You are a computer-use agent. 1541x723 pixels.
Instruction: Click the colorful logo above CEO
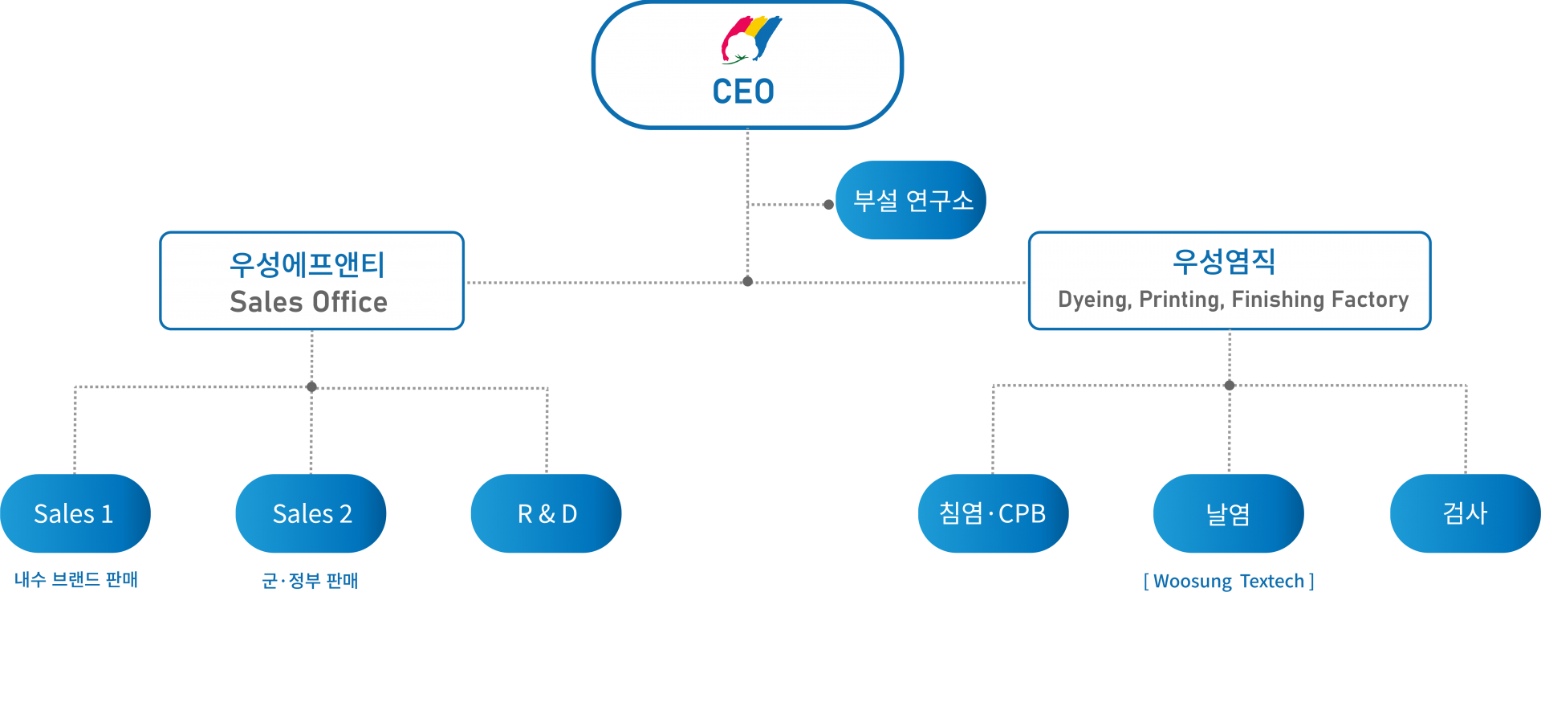coord(750,39)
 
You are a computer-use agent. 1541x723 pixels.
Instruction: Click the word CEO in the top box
coord(743,92)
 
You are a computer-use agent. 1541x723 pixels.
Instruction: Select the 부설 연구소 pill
coord(912,200)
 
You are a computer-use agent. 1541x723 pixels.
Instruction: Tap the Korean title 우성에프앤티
coord(307,264)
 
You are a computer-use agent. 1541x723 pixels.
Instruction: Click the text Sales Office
coord(309,302)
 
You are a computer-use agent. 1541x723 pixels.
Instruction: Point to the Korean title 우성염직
coord(1224,261)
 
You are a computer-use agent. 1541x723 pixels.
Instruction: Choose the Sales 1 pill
coord(75,513)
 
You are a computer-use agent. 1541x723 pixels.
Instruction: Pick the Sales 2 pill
coord(311,513)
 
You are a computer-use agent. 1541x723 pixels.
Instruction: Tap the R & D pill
coord(547,513)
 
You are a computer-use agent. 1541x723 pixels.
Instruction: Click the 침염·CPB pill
coord(993,513)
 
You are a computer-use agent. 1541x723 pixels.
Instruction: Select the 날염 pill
coord(1229,513)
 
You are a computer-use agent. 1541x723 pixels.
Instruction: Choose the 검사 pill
coord(1466,513)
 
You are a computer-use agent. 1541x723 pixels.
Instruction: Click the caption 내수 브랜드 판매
coord(76,579)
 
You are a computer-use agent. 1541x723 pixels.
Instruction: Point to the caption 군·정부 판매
coord(310,580)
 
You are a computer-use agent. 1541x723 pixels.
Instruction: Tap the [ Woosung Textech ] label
coord(1229,581)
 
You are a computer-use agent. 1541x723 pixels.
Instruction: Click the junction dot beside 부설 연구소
coord(828,204)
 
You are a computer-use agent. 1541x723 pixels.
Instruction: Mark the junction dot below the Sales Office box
coord(311,386)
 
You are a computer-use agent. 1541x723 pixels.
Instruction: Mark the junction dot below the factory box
coord(1229,386)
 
